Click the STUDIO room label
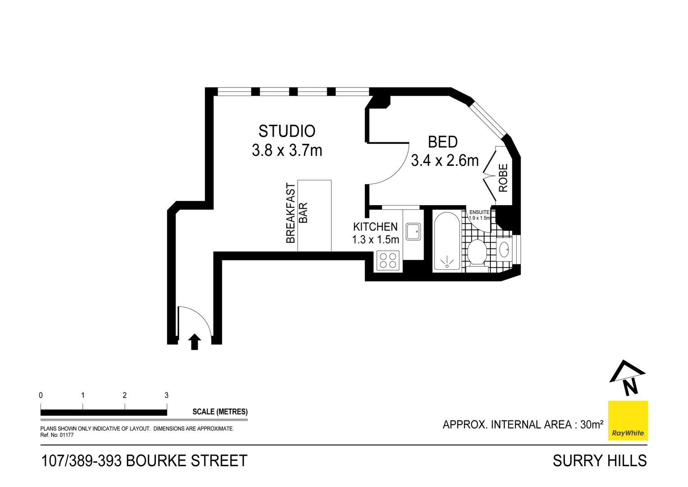click(287, 131)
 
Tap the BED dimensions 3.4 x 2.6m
click(444, 161)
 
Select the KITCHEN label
click(375, 227)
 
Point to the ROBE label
click(503, 178)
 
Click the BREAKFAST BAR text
click(297, 213)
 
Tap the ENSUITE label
click(479, 212)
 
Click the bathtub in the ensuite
click(447, 241)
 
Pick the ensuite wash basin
click(504, 248)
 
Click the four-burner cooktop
click(388, 260)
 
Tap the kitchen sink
click(413, 232)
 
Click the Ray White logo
click(628, 420)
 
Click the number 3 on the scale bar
click(167, 395)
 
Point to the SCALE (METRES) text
click(220, 412)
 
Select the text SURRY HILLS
click(599, 461)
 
